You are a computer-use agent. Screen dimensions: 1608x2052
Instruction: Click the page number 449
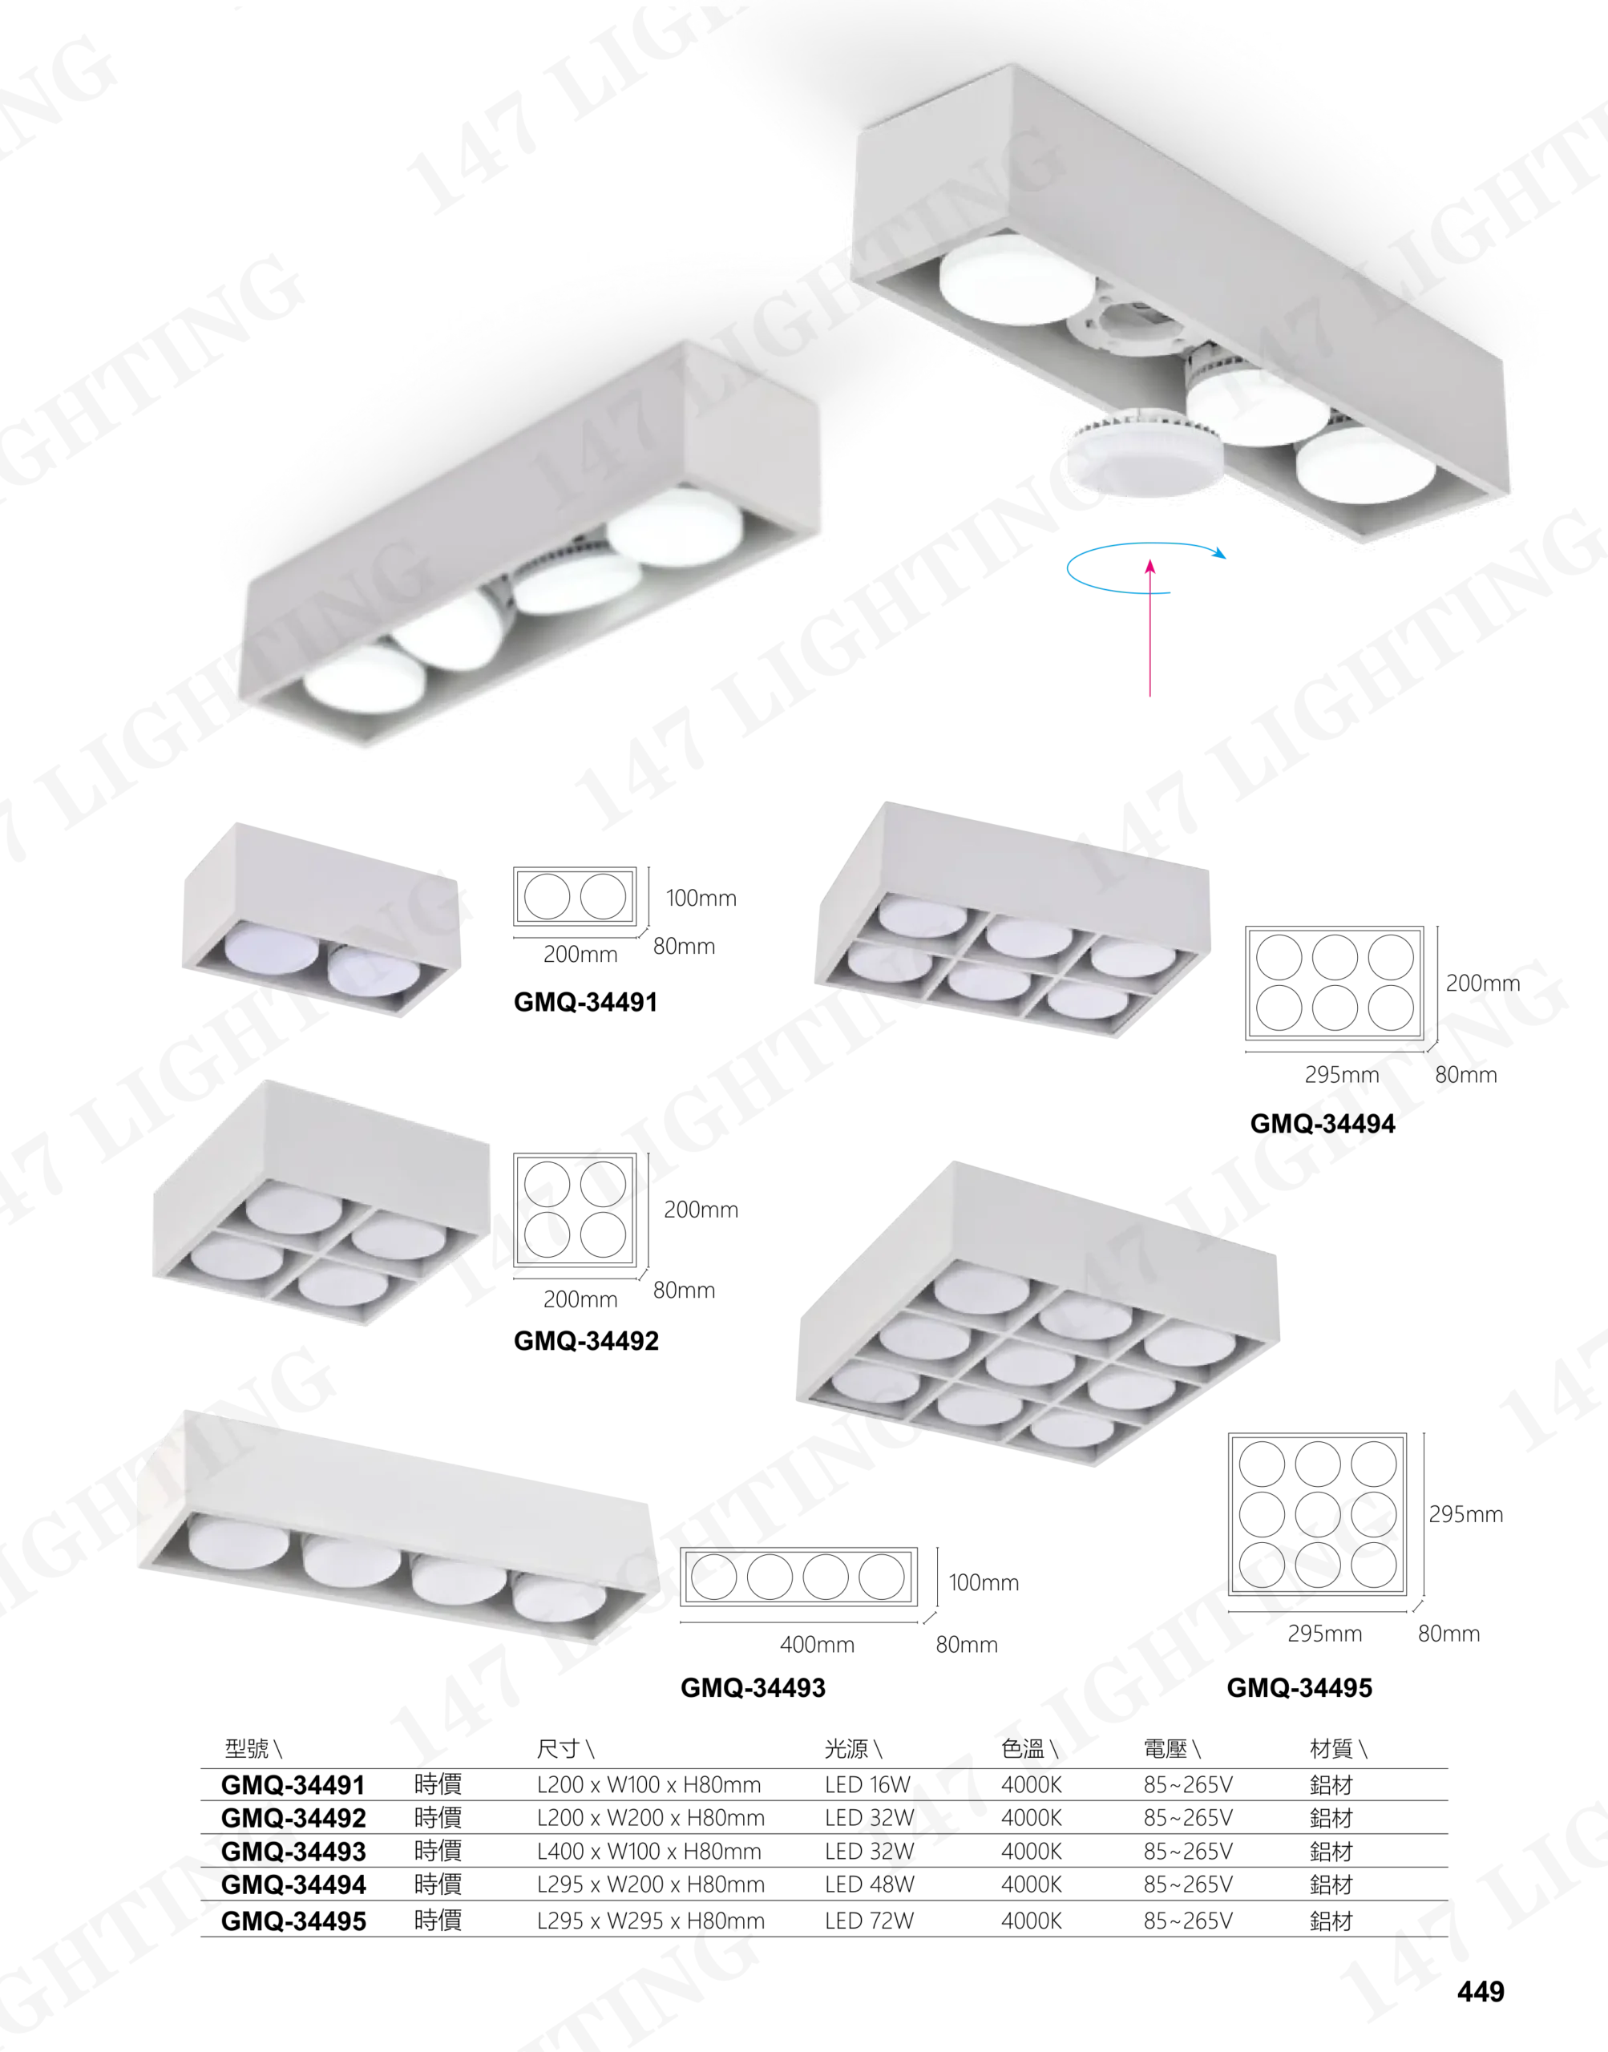click(1480, 1991)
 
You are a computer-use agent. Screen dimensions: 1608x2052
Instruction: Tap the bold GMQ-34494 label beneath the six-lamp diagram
click(1322, 1123)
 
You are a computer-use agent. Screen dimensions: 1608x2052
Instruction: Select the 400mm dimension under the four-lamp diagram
click(817, 1645)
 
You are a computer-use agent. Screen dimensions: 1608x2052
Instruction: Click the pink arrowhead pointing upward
click(1149, 567)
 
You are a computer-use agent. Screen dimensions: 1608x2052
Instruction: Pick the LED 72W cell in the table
click(869, 1921)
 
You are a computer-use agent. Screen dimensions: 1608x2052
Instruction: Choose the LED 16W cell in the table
click(867, 1783)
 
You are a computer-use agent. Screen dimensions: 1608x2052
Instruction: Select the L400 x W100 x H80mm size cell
click(648, 1851)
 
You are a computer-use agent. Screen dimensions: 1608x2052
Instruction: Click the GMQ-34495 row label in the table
click(293, 1921)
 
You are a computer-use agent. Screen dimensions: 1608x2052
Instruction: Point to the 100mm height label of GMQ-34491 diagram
click(701, 898)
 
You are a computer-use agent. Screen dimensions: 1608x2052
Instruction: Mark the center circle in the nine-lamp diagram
click(1317, 1514)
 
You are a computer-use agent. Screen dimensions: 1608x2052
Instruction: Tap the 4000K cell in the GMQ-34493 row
click(1031, 1851)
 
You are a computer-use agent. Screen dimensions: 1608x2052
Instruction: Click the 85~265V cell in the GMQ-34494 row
click(1188, 1884)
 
